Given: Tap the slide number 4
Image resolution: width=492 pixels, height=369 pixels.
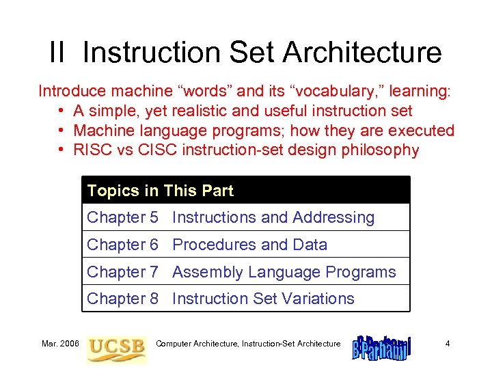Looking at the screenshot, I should pos(447,344).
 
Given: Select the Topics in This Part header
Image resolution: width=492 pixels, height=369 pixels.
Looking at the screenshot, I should pos(161,191).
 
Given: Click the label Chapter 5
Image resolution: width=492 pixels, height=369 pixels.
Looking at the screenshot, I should pos(122,218).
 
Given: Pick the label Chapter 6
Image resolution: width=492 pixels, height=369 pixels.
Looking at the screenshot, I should pos(122,245).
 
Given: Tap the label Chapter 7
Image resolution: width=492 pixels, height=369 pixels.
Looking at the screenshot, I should pos(122,272).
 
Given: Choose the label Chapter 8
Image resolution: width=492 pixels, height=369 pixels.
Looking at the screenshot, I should pos(122,299).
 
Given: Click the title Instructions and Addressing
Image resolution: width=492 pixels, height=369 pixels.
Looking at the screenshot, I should pos(273,218).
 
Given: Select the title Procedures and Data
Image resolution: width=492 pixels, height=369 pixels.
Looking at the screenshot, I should pos(249,245).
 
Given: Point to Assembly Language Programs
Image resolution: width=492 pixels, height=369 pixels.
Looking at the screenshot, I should pos(284,272).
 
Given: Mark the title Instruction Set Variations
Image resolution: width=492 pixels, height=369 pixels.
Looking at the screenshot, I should pos(263,299).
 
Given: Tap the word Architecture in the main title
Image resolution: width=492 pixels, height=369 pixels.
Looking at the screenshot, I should pos(361,53).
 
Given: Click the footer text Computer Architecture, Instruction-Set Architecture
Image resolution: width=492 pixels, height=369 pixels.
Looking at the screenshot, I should pos(248,344).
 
